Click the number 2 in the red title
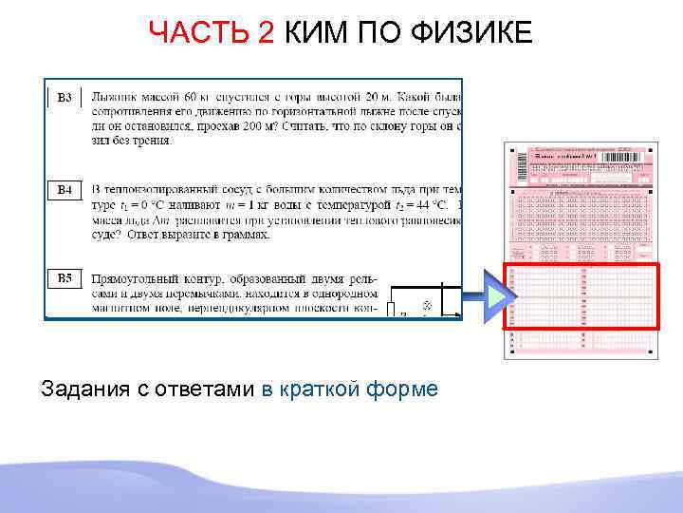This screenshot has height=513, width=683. click(x=267, y=34)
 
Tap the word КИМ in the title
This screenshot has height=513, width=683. click(x=318, y=34)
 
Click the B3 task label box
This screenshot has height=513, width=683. click(x=65, y=97)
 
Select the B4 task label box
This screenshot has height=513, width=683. click(x=65, y=189)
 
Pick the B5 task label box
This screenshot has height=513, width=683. click(x=65, y=277)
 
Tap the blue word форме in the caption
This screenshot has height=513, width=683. click(x=405, y=389)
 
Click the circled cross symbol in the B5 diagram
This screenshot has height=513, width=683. click(x=427, y=307)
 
